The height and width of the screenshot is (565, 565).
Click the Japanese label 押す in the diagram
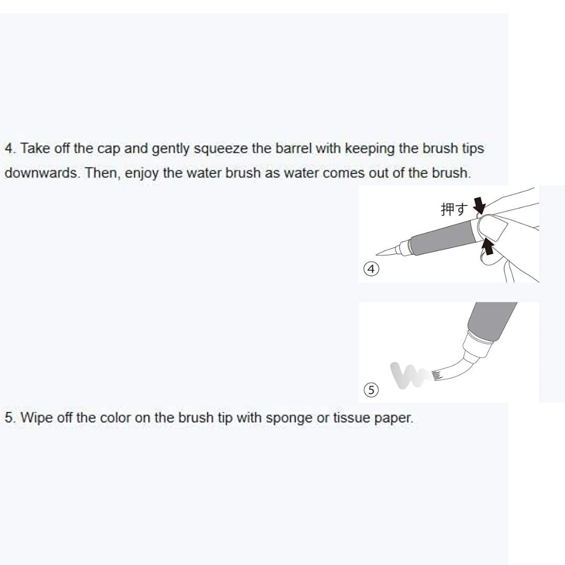coord(453,210)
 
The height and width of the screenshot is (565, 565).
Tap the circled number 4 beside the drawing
coord(370,269)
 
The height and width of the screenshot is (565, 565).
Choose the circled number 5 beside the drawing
coord(370,390)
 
